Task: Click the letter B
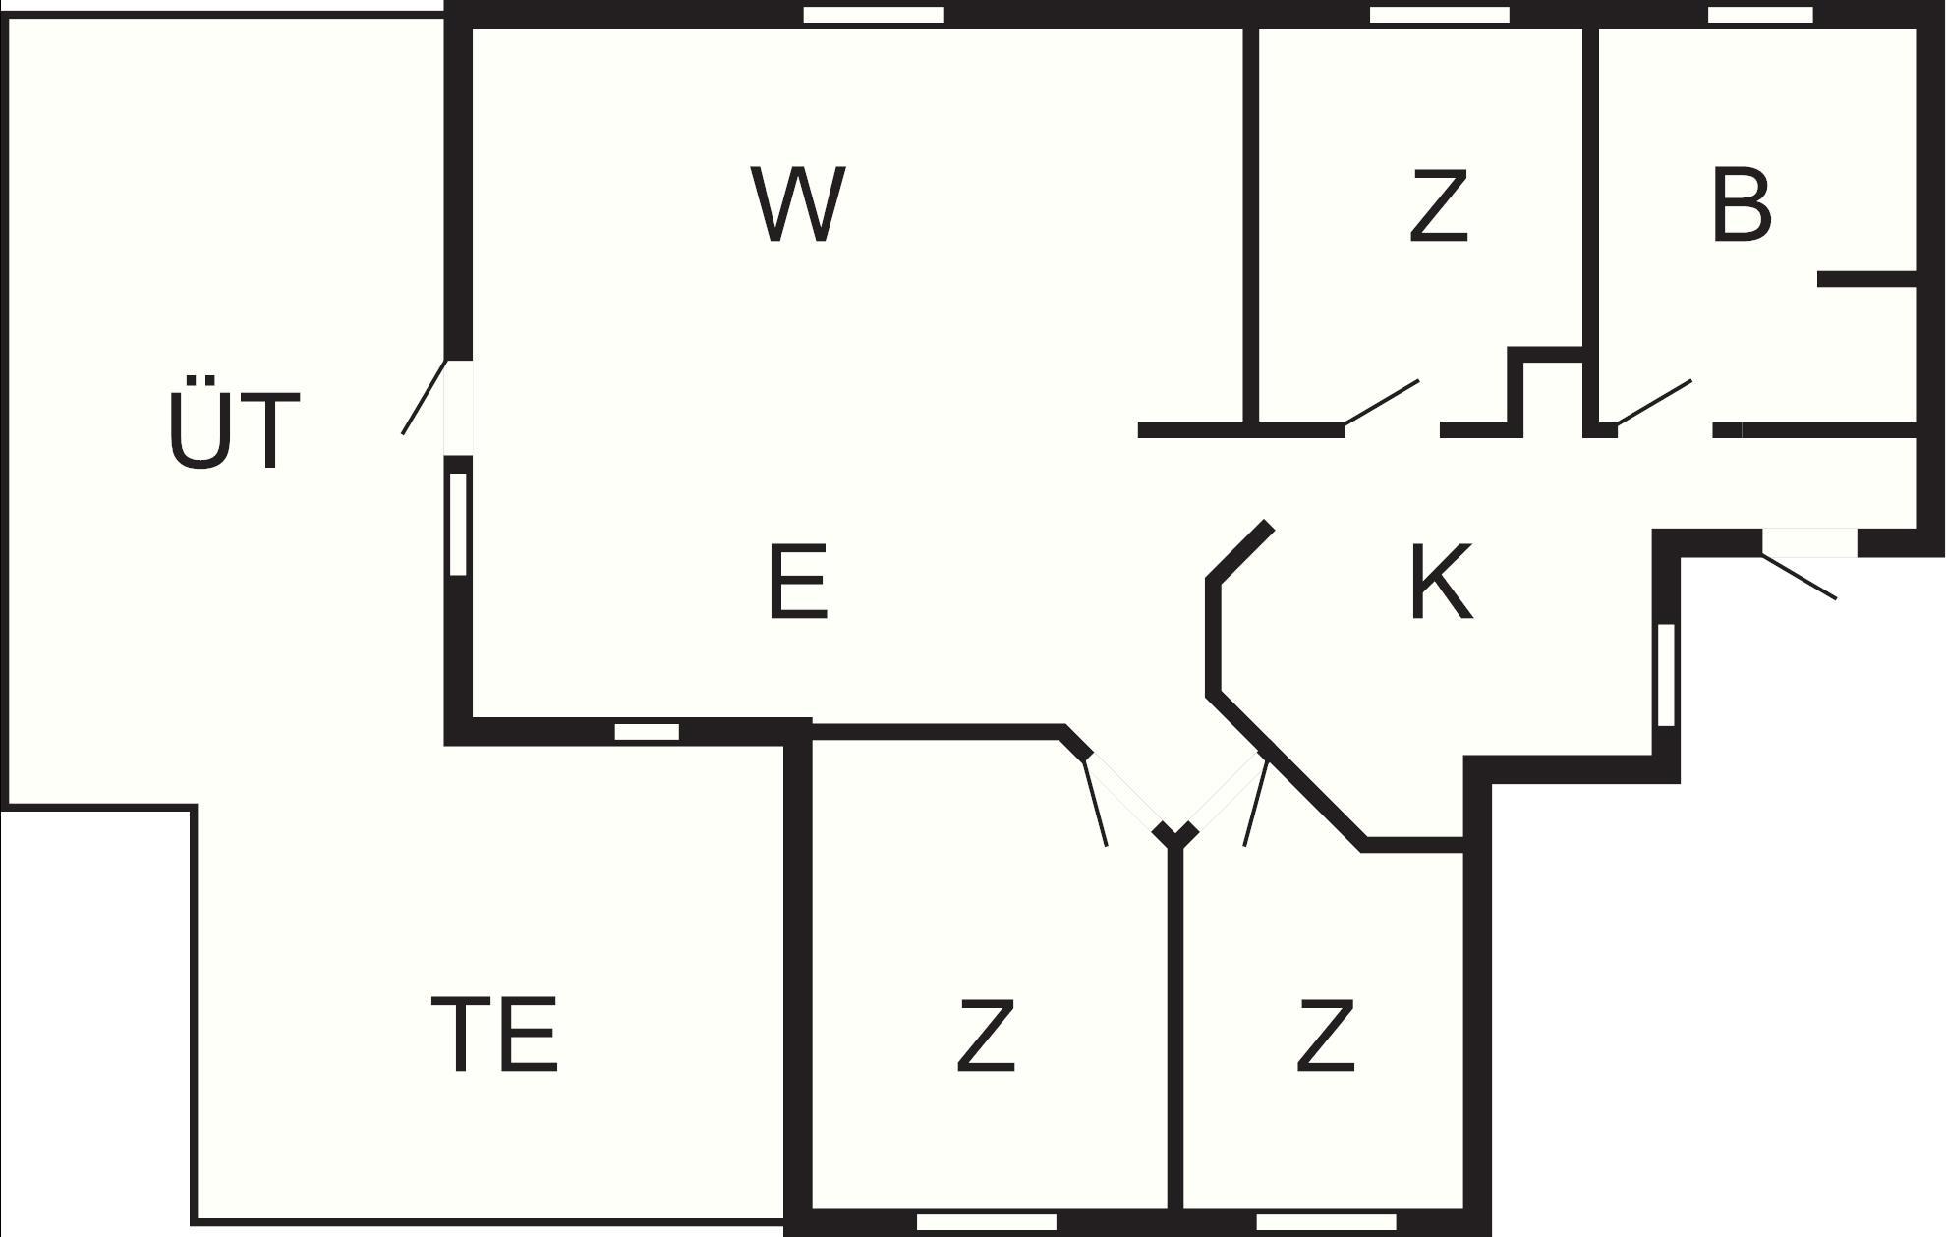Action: pos(1742,204)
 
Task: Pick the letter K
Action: pos(1442,582)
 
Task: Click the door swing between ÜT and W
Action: pos(425,397)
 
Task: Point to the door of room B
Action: pos(1654,402)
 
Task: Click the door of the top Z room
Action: pos(1382,402)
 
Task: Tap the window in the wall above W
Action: pos(874,15)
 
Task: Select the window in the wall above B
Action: pos(1761,15)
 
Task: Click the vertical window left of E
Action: pos(458,524)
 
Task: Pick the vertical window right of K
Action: pos(1666,675)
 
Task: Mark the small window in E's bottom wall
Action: pos(647,732)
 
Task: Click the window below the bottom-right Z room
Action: pos(1326,1222)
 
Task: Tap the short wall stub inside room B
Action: pos(1867,279)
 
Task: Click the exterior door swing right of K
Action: pos(1799,577)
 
